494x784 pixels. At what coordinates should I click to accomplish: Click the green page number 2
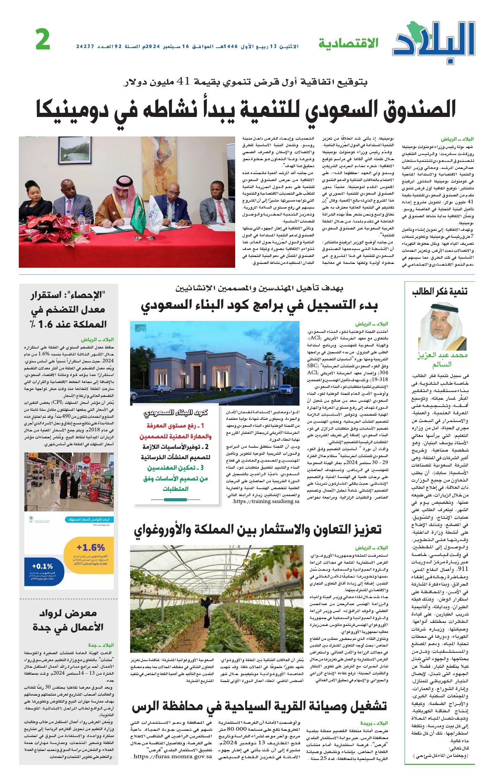coord(43,39)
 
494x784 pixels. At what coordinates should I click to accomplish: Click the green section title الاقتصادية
coord(348,44)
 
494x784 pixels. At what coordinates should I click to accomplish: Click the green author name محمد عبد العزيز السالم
coord(442,359)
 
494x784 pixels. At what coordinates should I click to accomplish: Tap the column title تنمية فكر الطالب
coord(440,292)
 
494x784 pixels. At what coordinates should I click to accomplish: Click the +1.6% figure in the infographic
coord(90,548)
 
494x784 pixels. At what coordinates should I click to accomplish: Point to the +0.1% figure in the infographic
coord(42,566)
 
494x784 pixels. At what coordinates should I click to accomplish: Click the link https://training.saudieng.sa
coord(266,501)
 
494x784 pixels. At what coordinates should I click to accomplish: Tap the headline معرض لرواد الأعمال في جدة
coord(68,620)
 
